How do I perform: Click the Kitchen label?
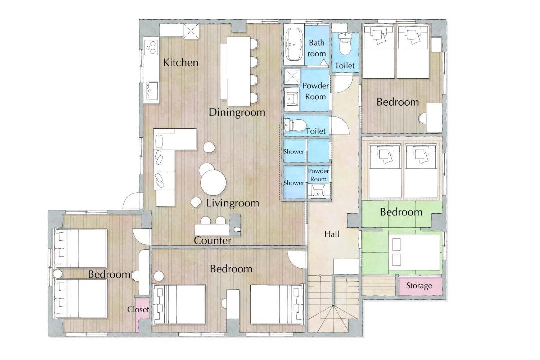pos(181,62)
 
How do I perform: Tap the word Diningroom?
pos(237,112)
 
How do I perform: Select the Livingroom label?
pos(233,203)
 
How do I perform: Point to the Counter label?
pos(213,241)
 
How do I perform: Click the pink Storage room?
pos(420,285)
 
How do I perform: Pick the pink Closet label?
pos(138,309)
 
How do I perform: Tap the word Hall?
pos(332,234)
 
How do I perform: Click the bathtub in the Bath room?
pos(294,45)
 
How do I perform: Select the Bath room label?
pos(317,48)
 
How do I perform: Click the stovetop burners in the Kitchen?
pos(151,47)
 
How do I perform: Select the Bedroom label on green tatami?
pos(401,212)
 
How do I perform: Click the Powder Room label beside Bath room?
pos(315,91)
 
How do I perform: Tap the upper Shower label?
pos(294,151)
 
